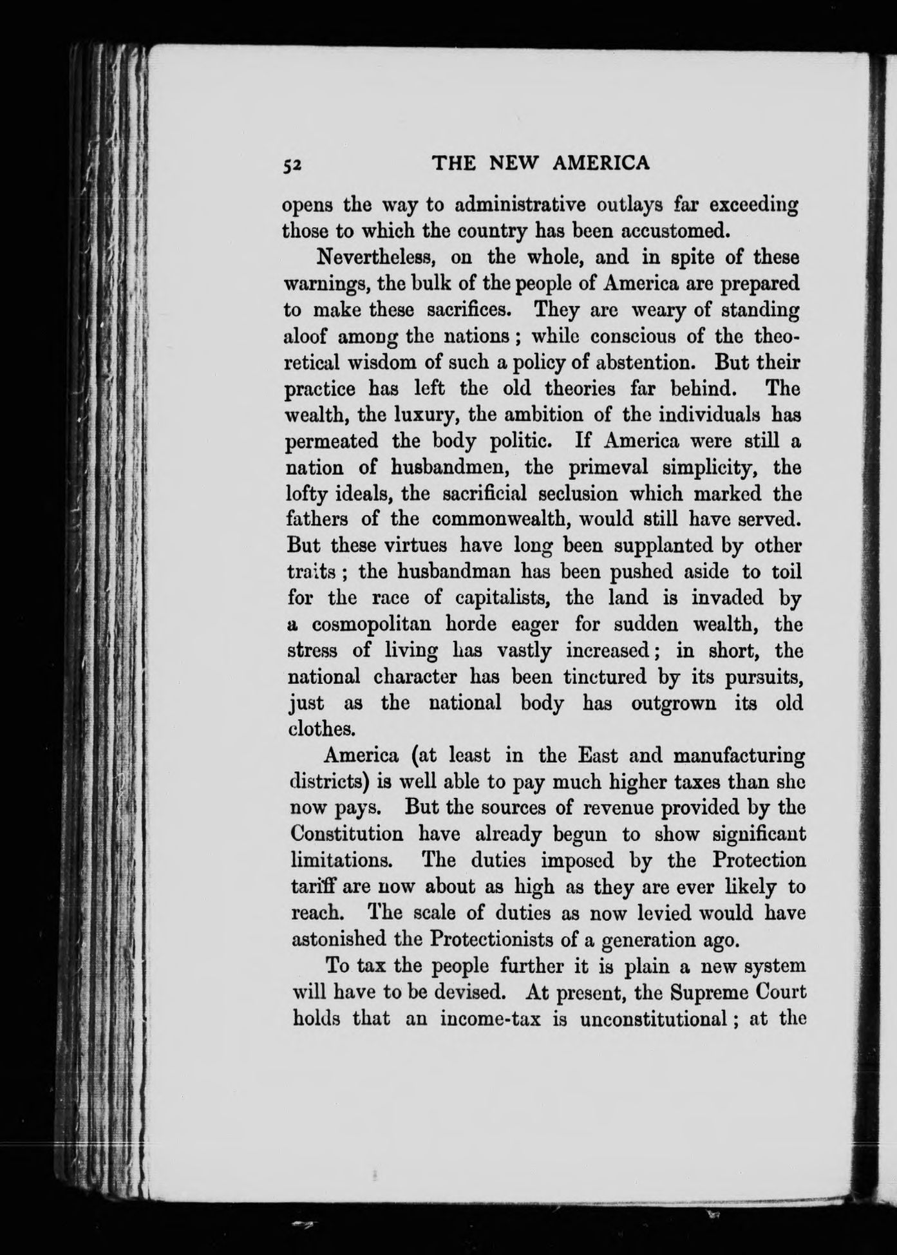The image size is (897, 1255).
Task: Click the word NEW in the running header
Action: pyautogui.click(x=517, y=164)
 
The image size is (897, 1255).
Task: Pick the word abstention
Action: pyautogui.click(x=640, y=363)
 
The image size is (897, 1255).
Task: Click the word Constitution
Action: pyautogui.click(x=347, y=835)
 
